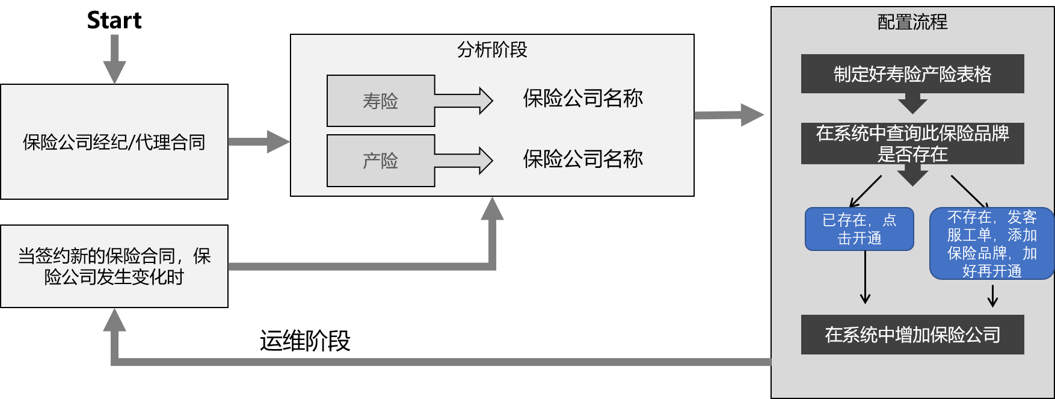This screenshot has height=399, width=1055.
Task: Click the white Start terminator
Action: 114,20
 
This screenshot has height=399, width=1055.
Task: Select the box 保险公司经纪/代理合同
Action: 114,142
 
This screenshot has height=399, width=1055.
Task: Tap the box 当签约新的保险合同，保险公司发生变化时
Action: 114,266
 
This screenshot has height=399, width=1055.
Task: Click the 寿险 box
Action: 380,101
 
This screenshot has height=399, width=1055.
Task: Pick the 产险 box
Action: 380,161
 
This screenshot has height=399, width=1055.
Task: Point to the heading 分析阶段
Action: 492,49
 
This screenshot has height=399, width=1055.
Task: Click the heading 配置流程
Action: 912,22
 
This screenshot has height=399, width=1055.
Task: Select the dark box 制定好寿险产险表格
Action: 912,74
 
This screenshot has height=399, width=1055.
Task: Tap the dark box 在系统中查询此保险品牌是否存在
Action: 912,143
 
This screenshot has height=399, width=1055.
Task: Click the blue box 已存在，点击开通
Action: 859,229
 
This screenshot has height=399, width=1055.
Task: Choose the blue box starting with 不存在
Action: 991,244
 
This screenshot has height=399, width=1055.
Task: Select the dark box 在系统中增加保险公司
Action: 912,335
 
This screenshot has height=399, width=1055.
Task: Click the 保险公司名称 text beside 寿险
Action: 582,98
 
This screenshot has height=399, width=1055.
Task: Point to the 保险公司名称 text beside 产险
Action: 582,159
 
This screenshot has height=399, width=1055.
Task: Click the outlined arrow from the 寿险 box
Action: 464,101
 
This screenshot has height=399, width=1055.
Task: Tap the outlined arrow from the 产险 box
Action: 464,161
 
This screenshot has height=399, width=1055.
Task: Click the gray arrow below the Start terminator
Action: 114,59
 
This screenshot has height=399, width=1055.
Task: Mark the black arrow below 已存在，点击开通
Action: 865,277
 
